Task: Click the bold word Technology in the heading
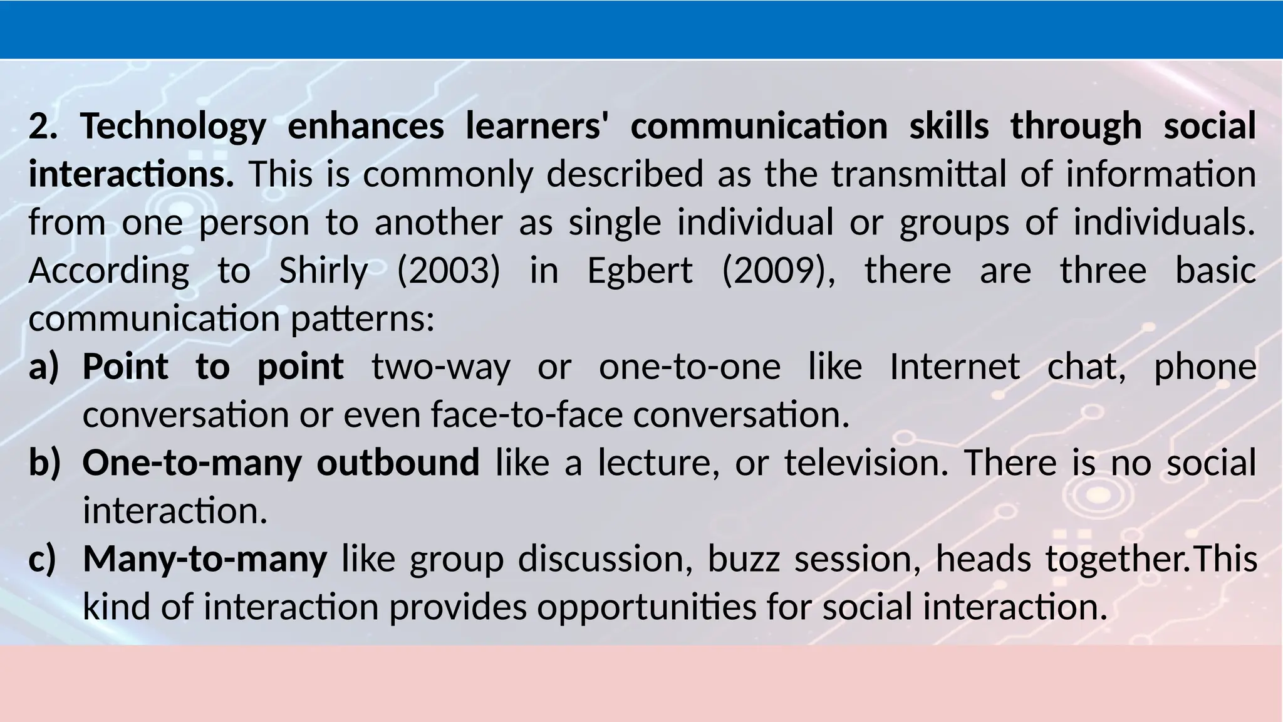(173, 126)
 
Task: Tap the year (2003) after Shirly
(449, 271)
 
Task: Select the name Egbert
(640, 271)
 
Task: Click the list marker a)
(43, 367)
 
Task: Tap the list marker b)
(44, 463)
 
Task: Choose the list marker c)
(43, 559)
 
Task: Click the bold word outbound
(398, 463)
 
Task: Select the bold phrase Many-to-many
(205, 559)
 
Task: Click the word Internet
(955, 367)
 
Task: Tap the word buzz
(744, 559)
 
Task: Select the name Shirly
(323, 271)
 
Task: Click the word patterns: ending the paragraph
(362, 319)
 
